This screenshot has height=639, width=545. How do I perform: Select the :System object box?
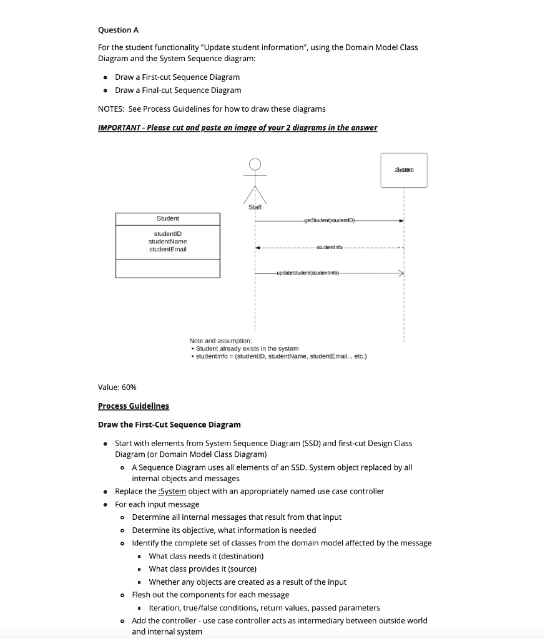tap(404, 170)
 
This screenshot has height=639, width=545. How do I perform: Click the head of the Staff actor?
tap(255, 165)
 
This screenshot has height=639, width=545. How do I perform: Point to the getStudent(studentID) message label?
tap(329, 220)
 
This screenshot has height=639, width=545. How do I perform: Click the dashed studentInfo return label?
tap(329, 248)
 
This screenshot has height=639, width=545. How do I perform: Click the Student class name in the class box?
tap(167, 218)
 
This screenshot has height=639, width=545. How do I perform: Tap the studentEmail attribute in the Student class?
tap(167, 249)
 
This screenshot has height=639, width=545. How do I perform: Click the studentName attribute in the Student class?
tap(167, 241)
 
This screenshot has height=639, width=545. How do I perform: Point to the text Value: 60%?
tap(117, 387)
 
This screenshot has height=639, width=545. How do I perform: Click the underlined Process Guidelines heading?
tap(134, 406)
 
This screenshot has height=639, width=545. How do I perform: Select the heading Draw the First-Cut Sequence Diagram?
tap(169, 424)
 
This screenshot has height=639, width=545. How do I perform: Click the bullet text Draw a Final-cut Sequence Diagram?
tap(178, 90)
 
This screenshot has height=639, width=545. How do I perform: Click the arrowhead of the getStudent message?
tap(401, 220)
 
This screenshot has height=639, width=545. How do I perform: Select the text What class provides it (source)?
tap(202, 568)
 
